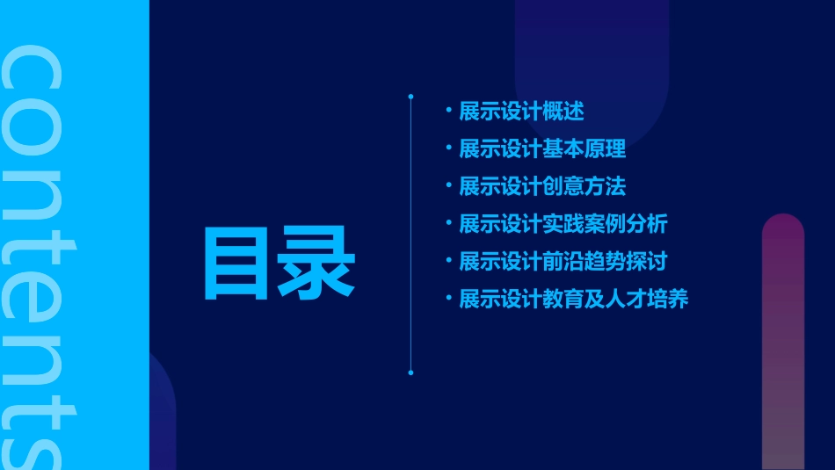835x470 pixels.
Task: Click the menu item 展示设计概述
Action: (x=521, y=112)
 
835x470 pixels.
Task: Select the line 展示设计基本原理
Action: (x=542, y=148)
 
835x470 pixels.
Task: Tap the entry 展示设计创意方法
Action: (x=542, y=186)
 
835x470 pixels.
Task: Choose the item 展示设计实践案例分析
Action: (x=563, y=224)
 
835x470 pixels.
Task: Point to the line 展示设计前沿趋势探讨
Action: (x=563, y=261)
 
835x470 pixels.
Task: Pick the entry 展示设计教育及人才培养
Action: (x=574, y=299)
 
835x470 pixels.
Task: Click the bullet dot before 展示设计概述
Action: (x=448, y=111)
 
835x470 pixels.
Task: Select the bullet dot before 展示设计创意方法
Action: (x=448, y=185)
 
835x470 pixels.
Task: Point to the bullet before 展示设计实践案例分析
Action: (x=448, y=223)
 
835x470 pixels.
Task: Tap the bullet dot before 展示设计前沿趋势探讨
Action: (x=448, y=260)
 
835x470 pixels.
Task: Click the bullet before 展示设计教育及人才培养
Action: (x=448, y=298)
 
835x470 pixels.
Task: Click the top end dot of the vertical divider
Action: (x=410, y=96)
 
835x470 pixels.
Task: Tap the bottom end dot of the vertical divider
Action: (x=410, y=372)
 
